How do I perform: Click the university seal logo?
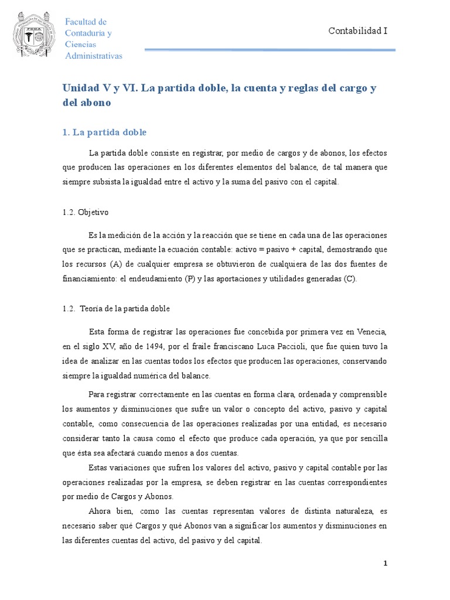(x=35, y=35)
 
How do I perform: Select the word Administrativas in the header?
(x=94, y=56)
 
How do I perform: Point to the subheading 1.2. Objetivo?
(x=86, y=212)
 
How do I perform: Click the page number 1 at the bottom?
(x=386, y=564)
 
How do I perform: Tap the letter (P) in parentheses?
(x=189, y=279)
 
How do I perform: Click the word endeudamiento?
(x=152, y=279)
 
